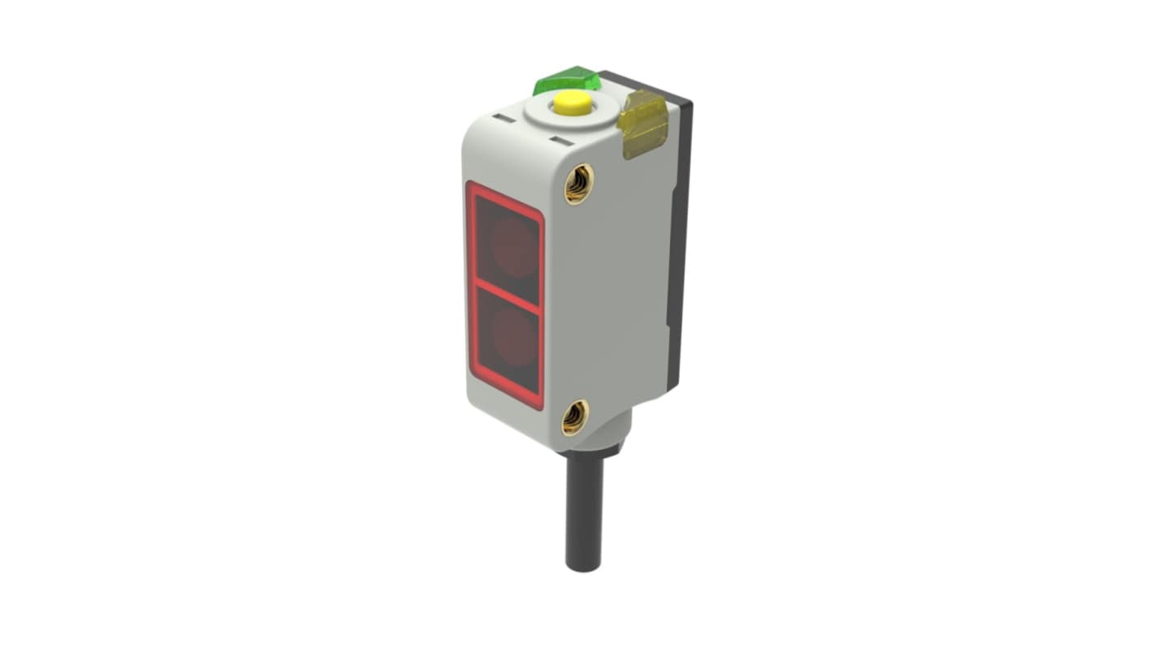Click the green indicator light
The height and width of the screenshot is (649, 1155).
568,81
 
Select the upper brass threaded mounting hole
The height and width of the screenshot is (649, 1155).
578,183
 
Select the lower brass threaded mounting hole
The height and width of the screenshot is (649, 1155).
575,417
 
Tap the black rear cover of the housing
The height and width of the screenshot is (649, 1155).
678,244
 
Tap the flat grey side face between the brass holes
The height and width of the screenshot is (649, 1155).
610,301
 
